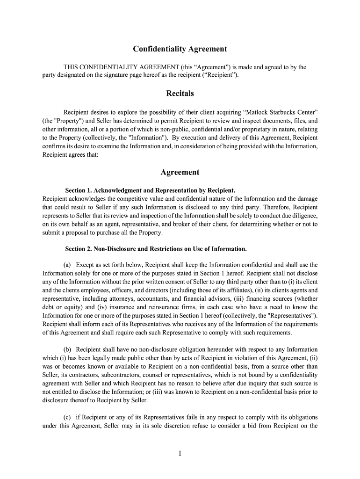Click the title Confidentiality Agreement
point(180,49)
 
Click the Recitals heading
point(180,94)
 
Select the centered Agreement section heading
point(180,172)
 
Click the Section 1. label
point(78,190)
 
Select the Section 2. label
point(79,248)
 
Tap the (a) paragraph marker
point(67,265)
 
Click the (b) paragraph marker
point(67,349)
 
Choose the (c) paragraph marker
point(67,417)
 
